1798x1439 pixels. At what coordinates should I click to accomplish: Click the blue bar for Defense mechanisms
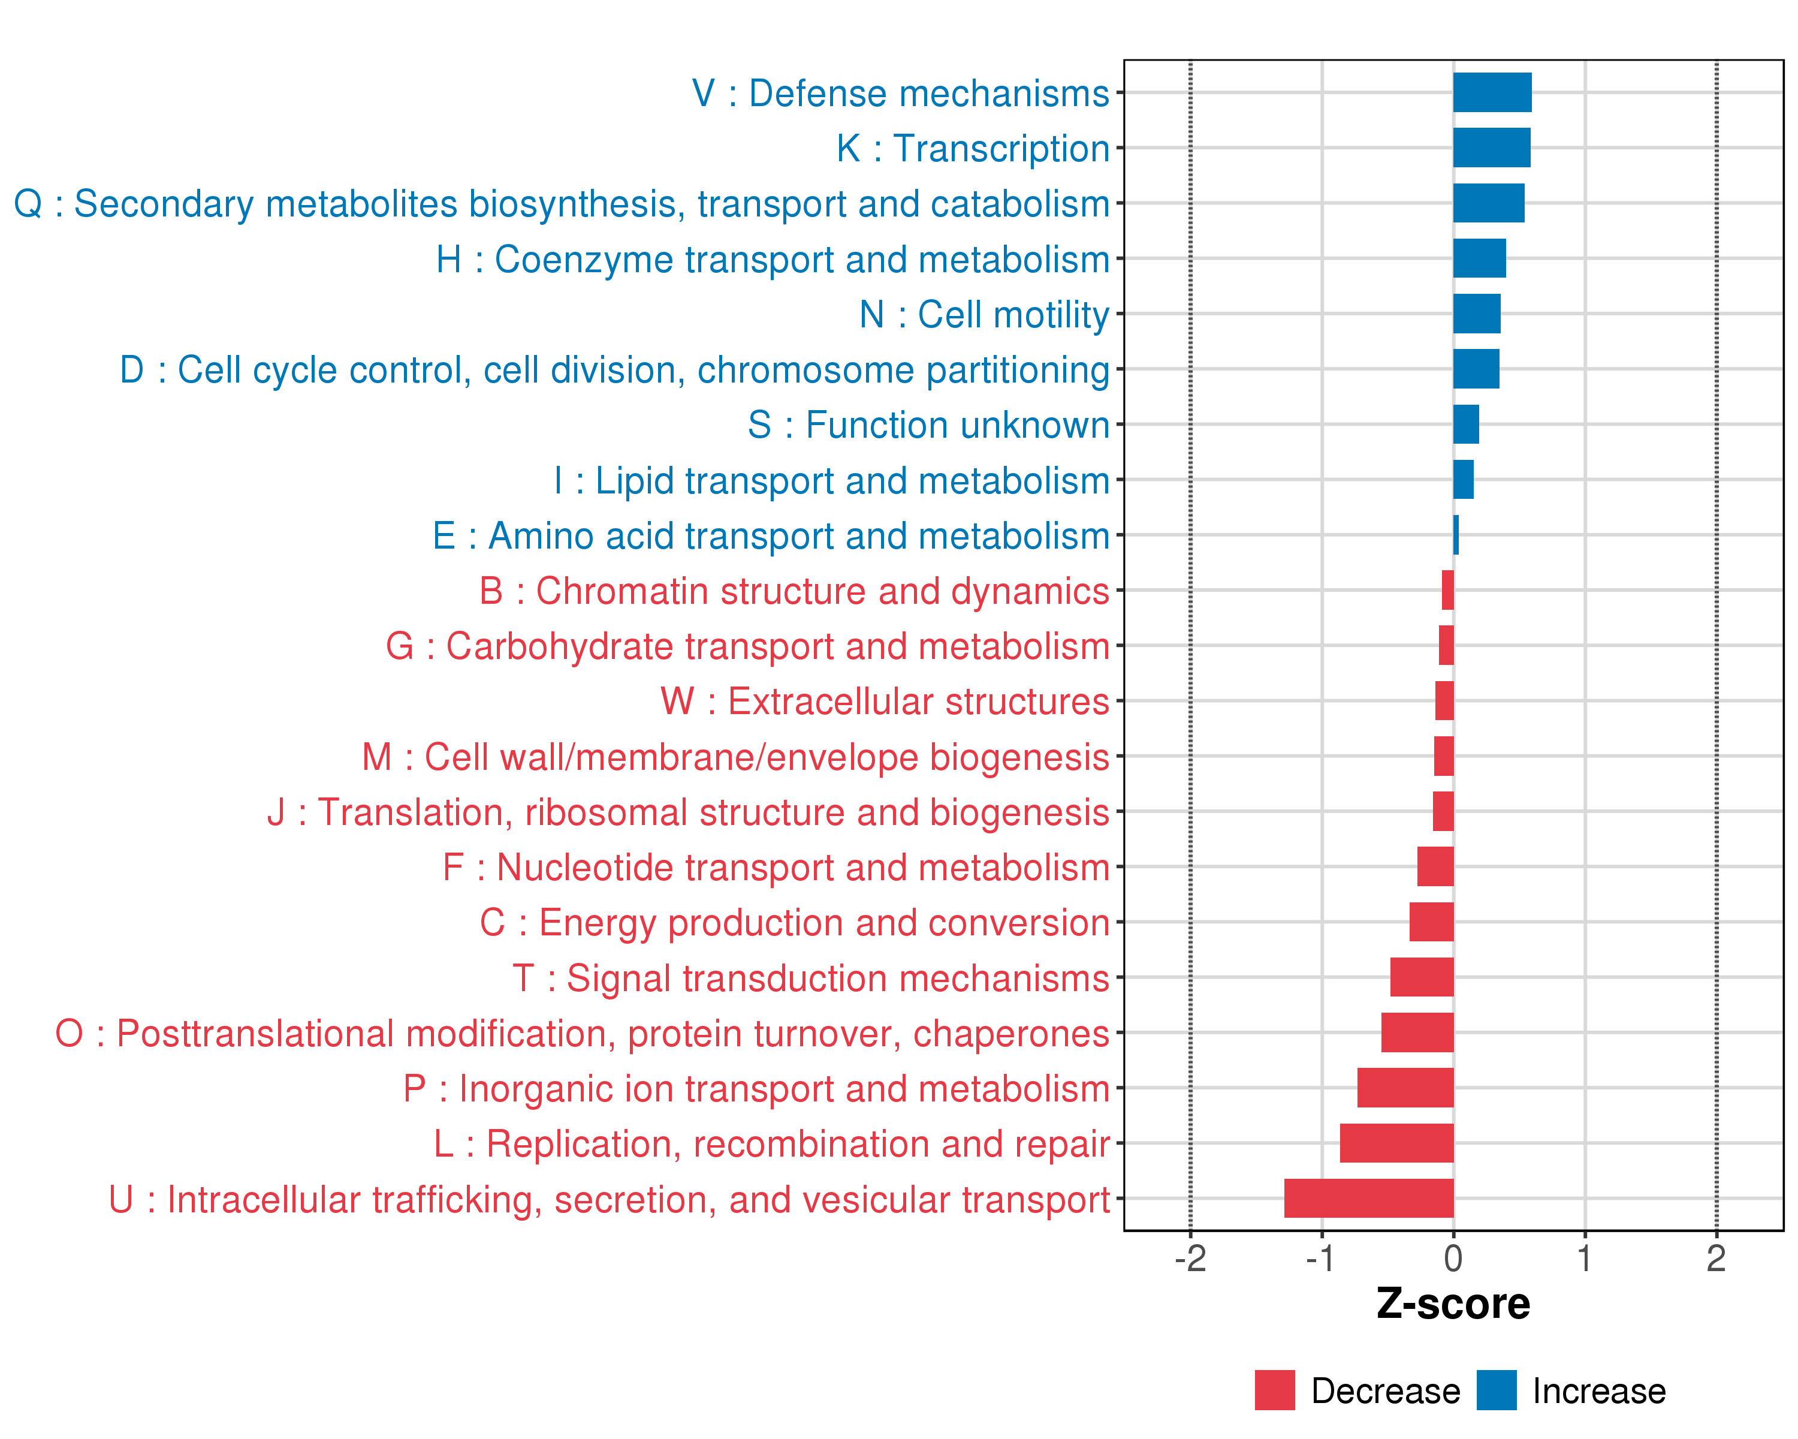click(1492, 92)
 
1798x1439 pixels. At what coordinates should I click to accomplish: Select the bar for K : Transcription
click(1491, 147)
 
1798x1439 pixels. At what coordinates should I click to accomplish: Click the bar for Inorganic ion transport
click(1405, 1088)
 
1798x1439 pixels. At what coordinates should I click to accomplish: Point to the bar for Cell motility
click(1476, 314)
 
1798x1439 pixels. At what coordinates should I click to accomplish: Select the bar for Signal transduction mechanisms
click(1421, 977)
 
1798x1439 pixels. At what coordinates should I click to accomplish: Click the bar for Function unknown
click(1465, 425)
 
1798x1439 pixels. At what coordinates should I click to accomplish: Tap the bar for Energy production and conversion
click(1431, 922)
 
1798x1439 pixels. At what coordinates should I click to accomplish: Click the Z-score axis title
click(1453, 1305)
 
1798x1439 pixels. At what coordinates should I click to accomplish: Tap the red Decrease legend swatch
click(1274, 1390)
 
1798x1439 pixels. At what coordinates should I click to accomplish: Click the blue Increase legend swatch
click(1496, 1390)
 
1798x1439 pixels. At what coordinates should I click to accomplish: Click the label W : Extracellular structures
click(885, 702)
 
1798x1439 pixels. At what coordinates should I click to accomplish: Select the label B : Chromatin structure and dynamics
click(794, 591)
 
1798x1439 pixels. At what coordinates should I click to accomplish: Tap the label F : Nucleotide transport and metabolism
click(776, 868)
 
